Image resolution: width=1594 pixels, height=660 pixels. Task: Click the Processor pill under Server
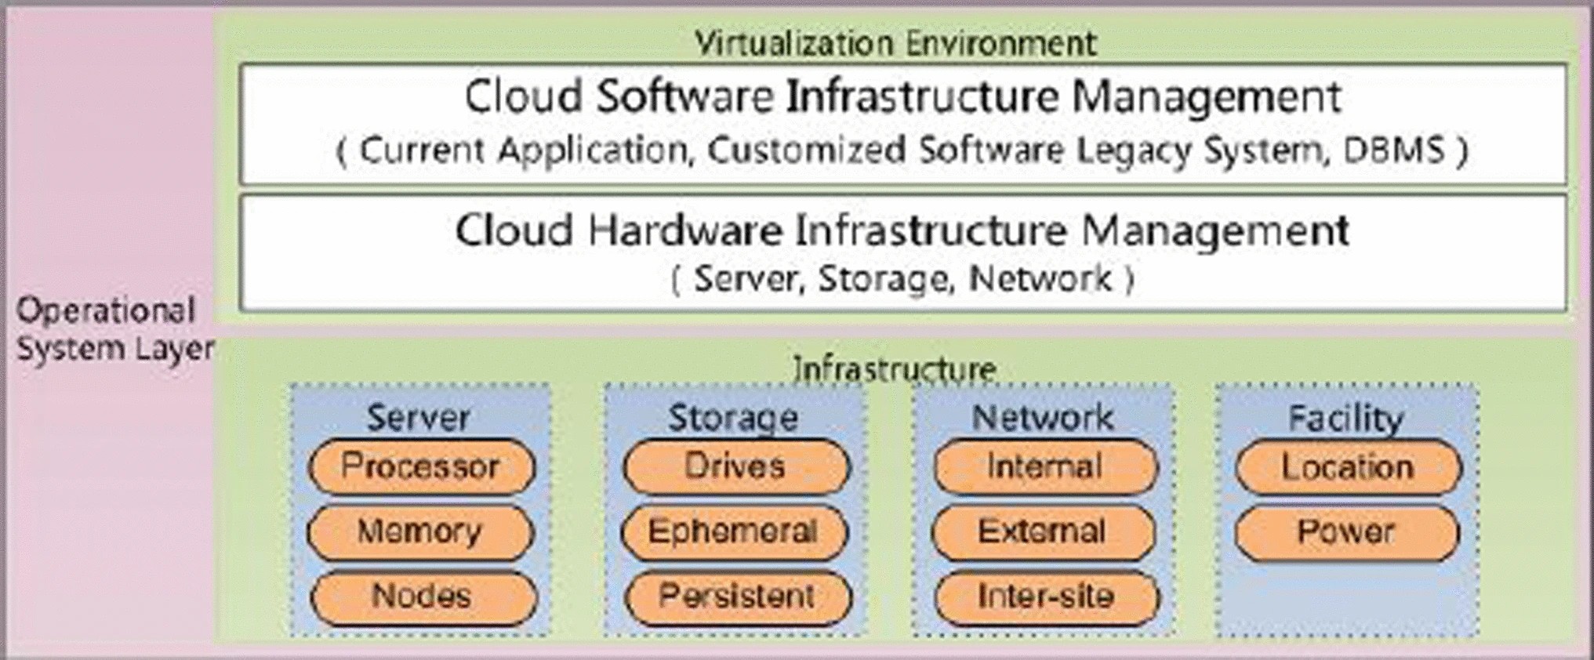421,466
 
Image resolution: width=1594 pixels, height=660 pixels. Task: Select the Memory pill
420,531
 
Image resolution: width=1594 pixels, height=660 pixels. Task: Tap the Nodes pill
423,597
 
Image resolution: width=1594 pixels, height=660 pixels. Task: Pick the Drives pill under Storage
735,466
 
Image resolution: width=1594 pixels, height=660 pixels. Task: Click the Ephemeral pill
734,531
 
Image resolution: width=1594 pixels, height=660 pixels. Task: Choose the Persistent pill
737,597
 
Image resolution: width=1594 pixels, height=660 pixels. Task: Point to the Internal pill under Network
1044,466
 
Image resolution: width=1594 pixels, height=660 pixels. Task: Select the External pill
1042,531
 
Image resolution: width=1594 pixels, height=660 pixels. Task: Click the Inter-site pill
1046,597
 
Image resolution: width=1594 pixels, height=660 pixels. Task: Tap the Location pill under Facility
1348,467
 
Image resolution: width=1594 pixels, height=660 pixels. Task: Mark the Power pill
1346,531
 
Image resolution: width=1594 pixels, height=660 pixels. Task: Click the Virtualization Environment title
895,42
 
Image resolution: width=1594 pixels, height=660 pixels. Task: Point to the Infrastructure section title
895,368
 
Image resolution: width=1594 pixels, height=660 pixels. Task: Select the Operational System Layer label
114,329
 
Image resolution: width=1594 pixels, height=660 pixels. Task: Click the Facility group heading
1346,417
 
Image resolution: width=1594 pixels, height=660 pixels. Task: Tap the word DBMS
1393,150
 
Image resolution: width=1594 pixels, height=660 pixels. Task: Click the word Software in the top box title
684,96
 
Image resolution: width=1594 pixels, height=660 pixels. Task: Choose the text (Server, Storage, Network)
902,279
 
